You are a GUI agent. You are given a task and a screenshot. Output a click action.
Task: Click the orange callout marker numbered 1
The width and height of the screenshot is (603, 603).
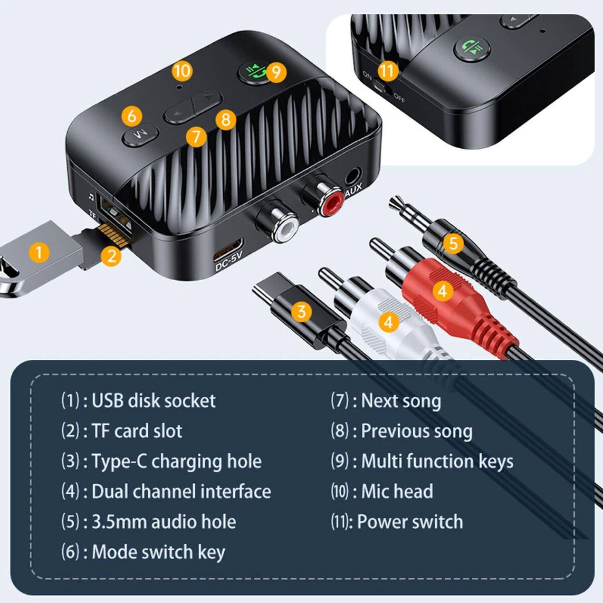tap(39, 252)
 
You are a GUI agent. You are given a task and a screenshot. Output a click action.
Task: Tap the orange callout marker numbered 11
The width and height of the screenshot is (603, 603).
tap(387, 71)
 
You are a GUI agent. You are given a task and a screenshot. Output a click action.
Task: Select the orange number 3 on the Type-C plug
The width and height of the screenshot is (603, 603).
tap(301, 312)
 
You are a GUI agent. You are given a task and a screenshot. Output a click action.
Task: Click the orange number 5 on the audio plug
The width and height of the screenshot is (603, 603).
tap(453, 243)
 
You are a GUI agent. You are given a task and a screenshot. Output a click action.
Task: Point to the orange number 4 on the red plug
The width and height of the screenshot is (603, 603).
tap(442, 290)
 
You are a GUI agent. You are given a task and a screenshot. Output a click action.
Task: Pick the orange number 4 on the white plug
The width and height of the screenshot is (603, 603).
tap(388, 322)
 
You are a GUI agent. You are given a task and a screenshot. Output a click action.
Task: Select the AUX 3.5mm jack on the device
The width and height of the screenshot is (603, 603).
tap(353, 176)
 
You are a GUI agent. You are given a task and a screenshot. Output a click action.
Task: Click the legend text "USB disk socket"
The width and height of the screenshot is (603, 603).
tap(154, 401)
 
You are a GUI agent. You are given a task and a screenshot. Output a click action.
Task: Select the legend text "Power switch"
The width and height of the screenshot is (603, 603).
tap(410, 521)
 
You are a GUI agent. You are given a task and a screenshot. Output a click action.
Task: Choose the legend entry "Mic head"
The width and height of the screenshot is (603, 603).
tap(397, 491)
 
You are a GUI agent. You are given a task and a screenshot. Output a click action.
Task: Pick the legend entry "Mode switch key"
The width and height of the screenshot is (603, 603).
tap(158, 552)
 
